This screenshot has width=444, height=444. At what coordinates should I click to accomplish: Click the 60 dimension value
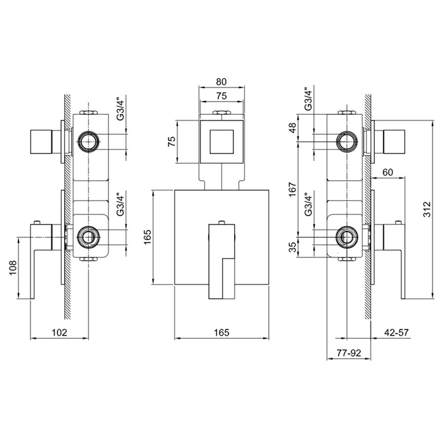388,173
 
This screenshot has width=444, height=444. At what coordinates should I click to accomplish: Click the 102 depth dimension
58,332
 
